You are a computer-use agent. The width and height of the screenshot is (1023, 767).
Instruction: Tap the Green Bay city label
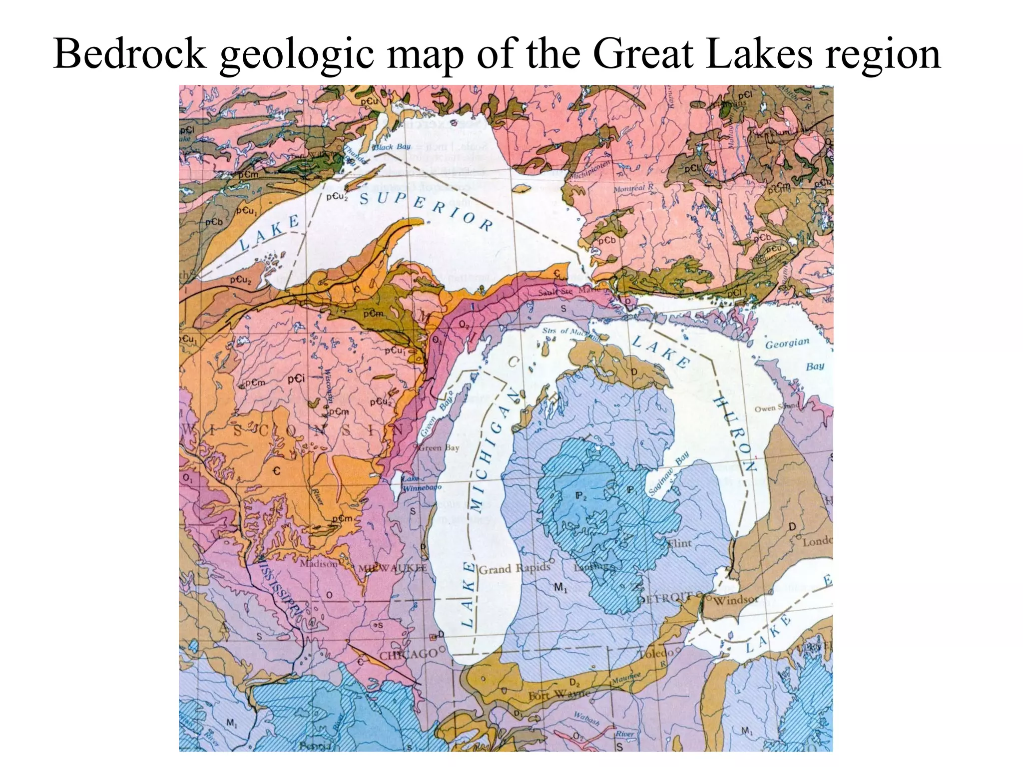point(439,448)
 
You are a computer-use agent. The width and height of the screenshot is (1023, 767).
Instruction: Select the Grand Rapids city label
point(514,568)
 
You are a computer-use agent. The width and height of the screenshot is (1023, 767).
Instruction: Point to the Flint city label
point(679,543)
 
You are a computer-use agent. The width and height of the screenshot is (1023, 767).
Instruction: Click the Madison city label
point(318,564)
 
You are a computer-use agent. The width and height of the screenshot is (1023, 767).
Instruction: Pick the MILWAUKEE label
point(393,569)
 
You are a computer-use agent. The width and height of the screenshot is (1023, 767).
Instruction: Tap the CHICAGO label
point(409,654)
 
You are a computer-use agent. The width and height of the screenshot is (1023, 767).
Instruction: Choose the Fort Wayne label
point(559,695)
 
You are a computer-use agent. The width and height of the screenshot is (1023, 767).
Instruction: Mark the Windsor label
point(735,600)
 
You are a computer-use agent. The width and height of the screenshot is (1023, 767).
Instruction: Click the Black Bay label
point(391,147)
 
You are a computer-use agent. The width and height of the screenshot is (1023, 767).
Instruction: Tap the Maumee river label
point(626,678)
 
